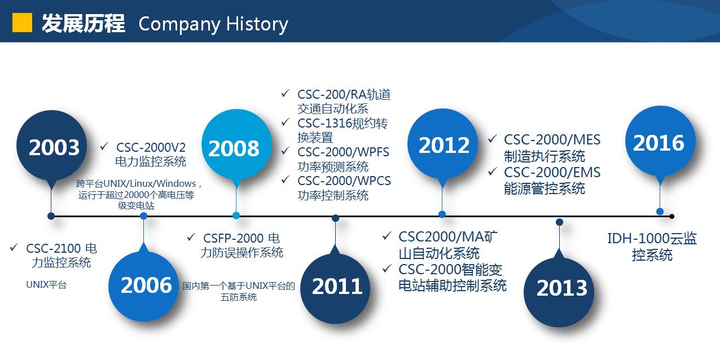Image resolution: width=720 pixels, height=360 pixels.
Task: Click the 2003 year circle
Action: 51,146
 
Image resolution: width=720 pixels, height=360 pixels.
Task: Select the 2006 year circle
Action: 144,287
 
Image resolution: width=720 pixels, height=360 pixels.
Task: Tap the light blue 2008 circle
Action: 236,144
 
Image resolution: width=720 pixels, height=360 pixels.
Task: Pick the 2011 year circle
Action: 335,288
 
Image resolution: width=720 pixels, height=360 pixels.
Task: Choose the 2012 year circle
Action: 442,144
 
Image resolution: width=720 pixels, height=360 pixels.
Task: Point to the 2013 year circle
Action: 559,292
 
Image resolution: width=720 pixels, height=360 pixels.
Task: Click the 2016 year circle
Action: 660,141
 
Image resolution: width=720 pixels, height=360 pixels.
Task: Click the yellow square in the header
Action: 22,23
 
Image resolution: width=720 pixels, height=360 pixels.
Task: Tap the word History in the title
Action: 257,24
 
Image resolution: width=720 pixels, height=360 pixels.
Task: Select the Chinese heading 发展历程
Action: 84,23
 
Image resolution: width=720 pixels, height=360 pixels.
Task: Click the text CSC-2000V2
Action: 151,147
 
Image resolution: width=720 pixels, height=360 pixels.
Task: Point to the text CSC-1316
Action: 324,123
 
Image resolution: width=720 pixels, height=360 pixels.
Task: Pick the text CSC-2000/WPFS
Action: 343,152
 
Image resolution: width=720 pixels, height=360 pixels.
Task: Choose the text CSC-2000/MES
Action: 552,140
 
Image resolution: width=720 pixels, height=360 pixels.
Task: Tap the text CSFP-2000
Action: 233,238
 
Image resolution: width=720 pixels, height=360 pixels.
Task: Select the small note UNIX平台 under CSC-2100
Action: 46,285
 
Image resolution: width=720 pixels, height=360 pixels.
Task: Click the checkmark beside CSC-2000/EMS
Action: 493,172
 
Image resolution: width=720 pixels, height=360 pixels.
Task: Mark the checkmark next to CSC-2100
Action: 14,247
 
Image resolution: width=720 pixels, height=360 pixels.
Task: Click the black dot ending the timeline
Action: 671,216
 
